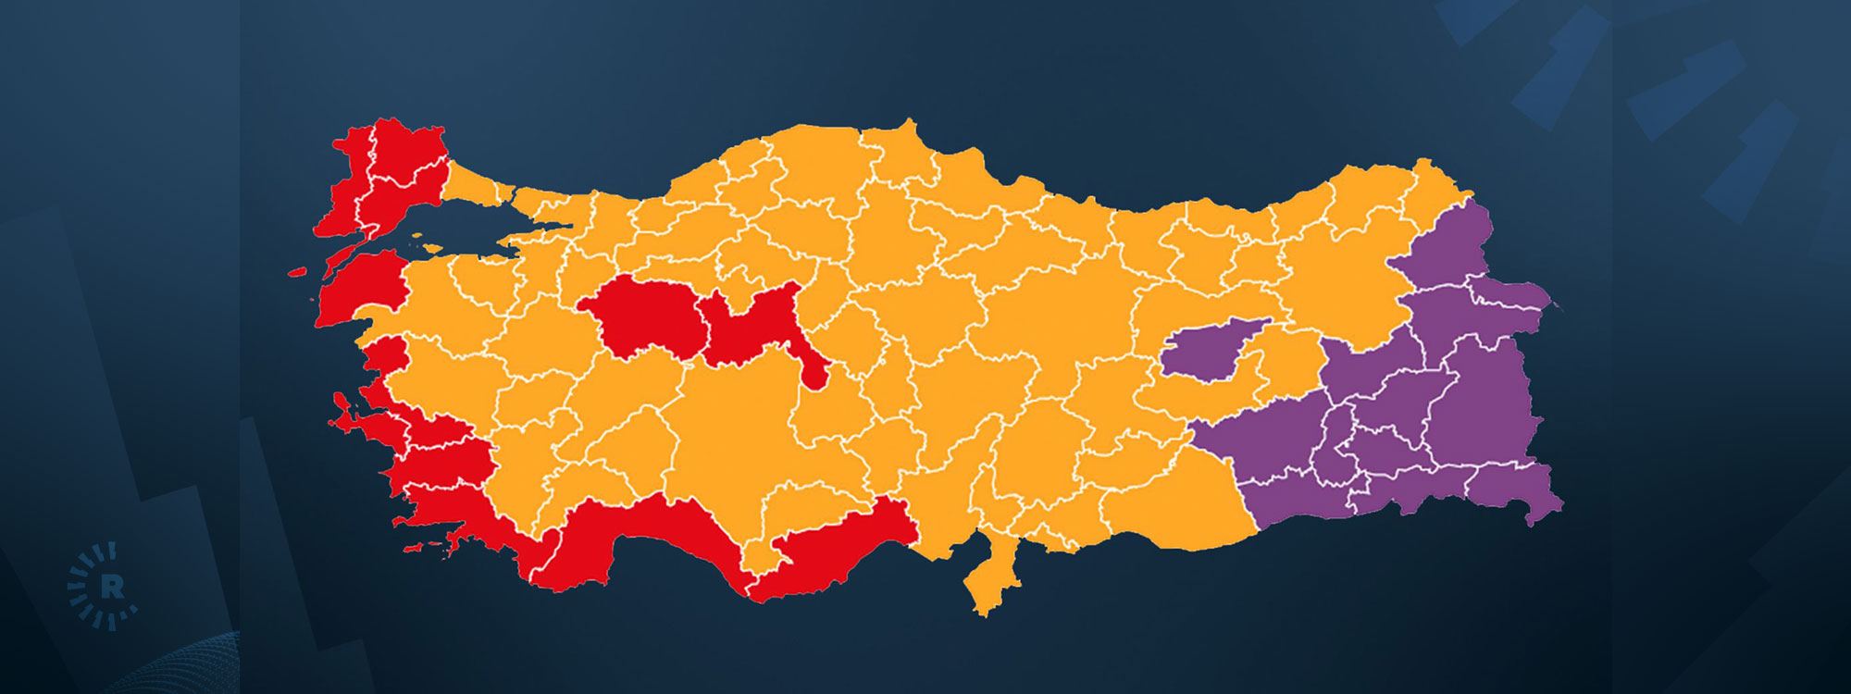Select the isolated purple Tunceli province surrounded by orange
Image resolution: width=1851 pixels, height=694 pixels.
point(1212,347)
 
